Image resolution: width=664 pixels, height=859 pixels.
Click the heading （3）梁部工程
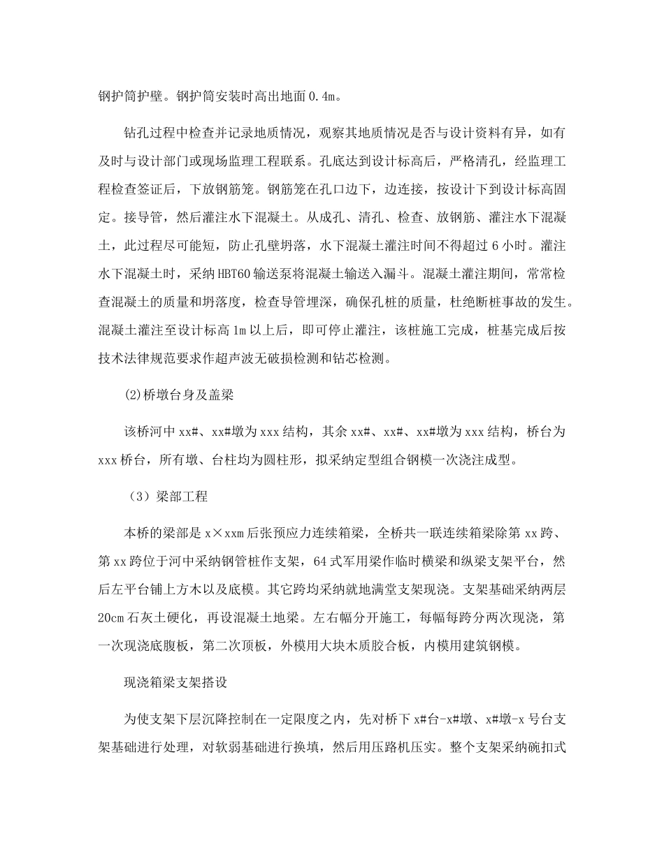(x=167, y=498)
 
